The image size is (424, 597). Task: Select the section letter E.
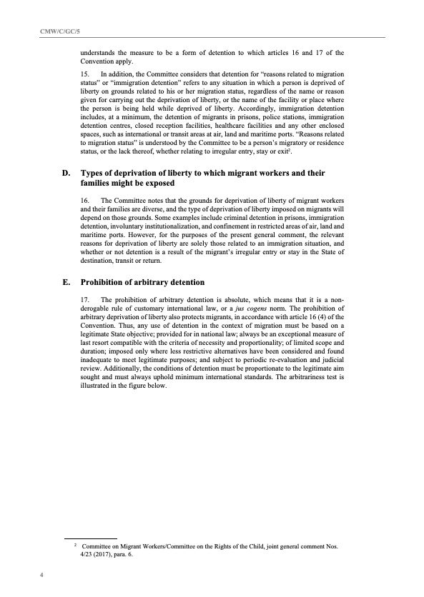pyautogui.click(x=66, y=281)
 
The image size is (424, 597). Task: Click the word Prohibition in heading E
pyautogui.click(x=102, y=281)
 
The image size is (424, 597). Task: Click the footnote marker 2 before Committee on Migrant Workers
pyautogui.click(x=74, y=544)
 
